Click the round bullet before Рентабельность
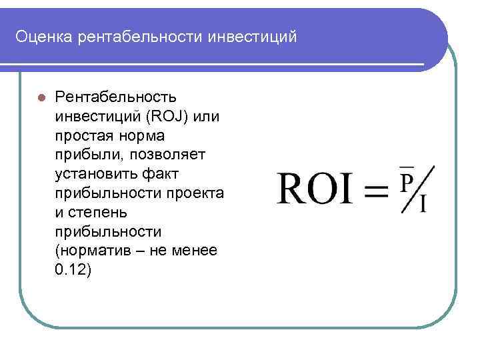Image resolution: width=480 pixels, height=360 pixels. [41, 97]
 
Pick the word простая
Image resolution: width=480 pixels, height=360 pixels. [85, 136]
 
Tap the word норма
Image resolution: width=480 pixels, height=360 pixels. [145, 136]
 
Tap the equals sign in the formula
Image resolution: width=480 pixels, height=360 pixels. [376, 191]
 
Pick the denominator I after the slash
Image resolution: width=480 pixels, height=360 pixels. [424, 203]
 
